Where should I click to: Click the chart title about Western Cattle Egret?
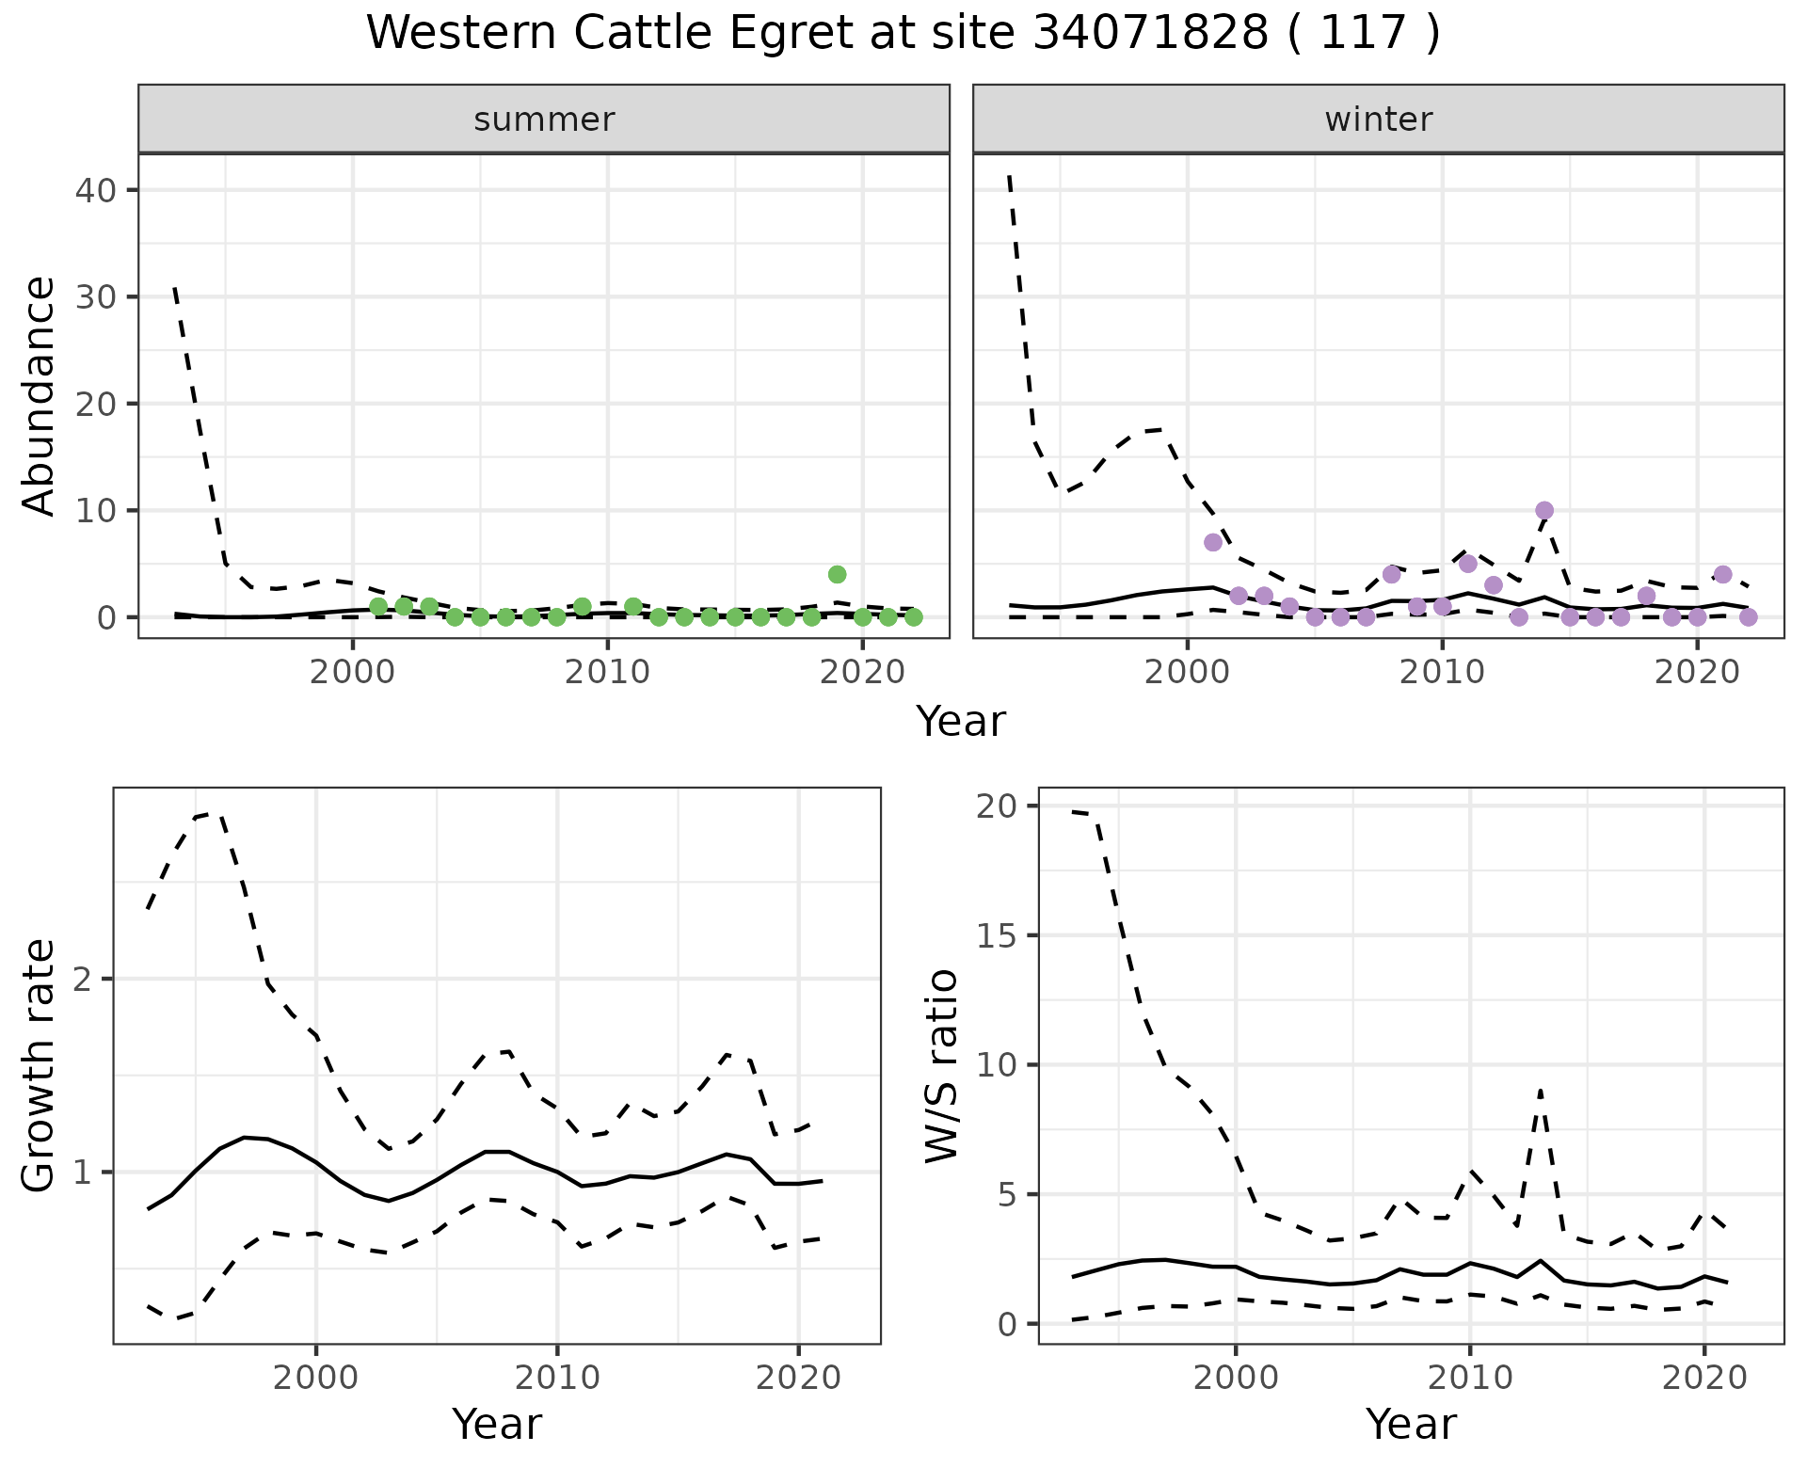(903, 34)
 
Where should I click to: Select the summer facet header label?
(544, 120)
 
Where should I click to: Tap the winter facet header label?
(1378, 120)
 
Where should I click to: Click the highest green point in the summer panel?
(837, 574)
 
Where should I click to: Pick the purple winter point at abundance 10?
(1544, 511)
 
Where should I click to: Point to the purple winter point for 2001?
(1213, 542)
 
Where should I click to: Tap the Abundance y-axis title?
(40, 395)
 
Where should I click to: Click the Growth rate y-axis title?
(40, 1065)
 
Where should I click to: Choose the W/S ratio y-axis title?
(941, 1065)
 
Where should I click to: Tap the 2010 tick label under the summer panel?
(607, 673)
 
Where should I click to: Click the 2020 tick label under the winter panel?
(1696, 673)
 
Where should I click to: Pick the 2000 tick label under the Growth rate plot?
(316, 1379)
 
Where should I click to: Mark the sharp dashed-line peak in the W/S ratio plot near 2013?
(1540, 1091)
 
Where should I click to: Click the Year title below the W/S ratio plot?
(1411, 1424)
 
